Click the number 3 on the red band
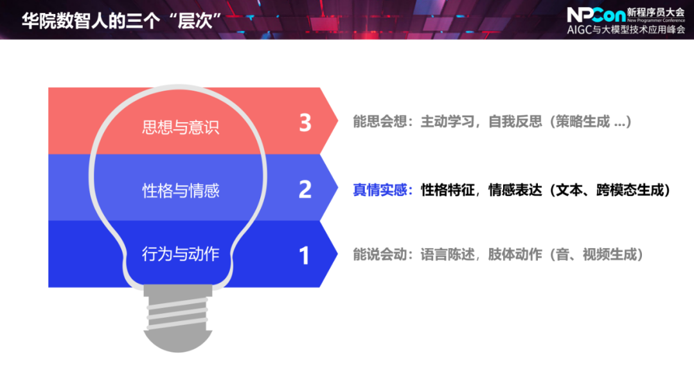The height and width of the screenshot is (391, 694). pyautogui.click(x=305, y=122)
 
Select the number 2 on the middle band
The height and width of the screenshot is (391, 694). pyautogui.click(x=305, y=189)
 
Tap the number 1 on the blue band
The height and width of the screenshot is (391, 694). pyautogui.click(x=305, y=255)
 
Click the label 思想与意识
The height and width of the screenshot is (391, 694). pyautogui.click(x=181, y=126)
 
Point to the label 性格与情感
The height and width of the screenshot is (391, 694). pyautogui.click(x=181, y=190)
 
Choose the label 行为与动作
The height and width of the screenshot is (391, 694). pyautogui.click(x=181, y=254)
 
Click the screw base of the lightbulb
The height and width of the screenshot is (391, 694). pyautogui.click(x=177, y=317)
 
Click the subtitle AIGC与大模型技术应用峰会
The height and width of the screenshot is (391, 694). pyautogui.click(x=626, y=30)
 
